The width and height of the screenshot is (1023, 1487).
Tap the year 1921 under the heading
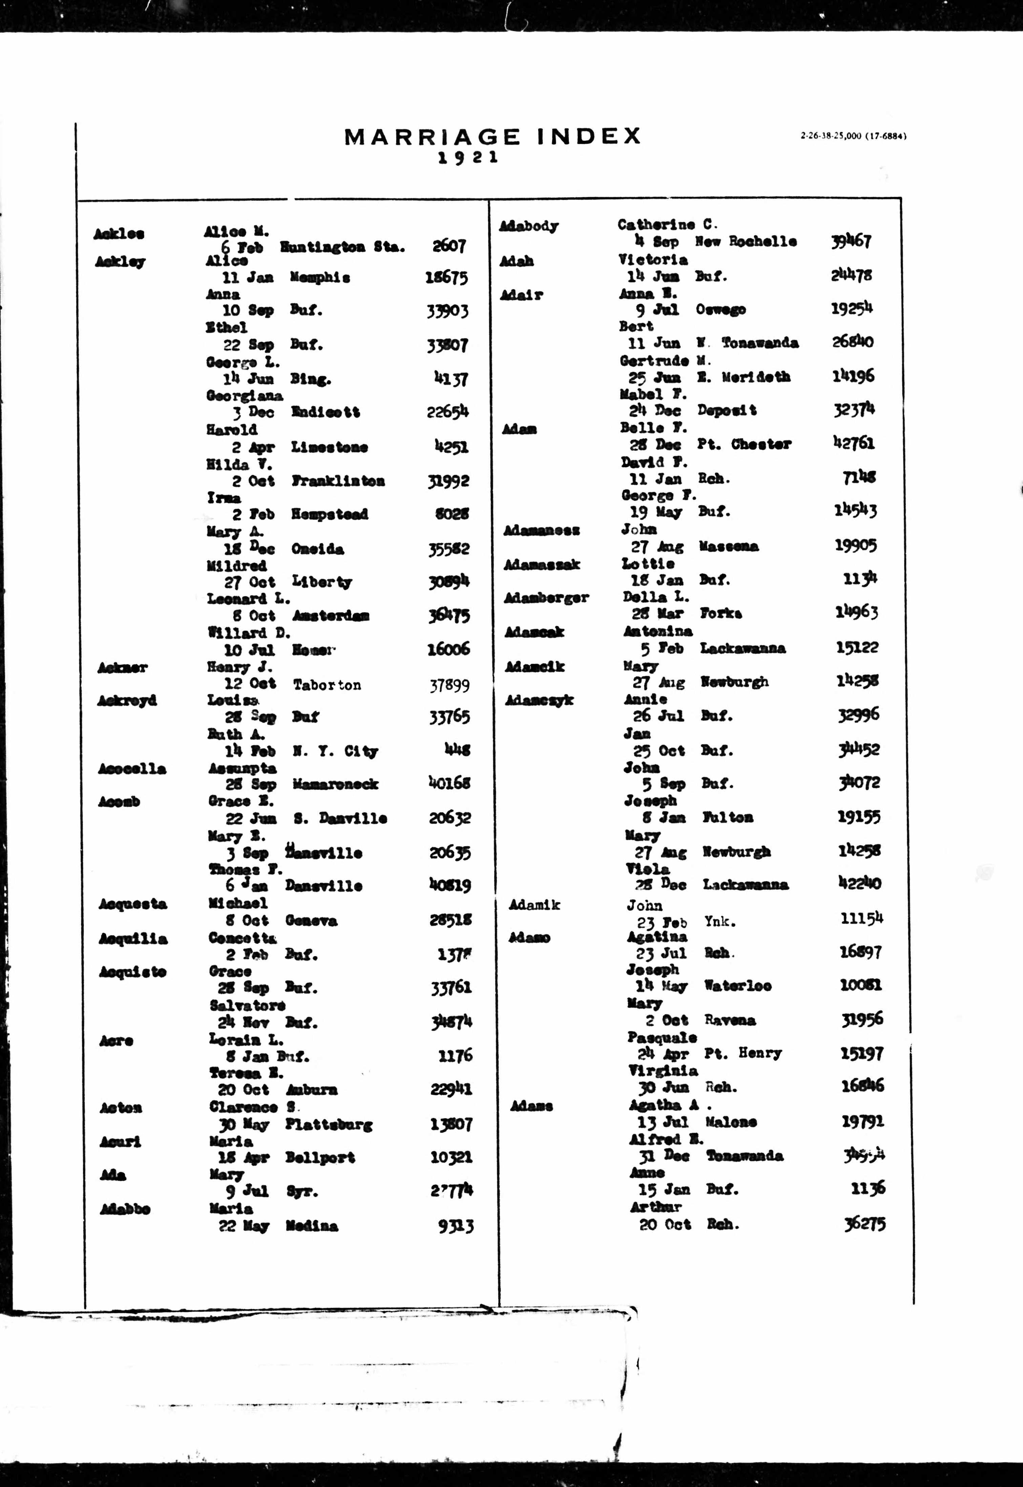468,158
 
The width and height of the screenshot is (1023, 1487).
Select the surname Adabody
529,226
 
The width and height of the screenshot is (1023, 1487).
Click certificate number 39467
851,242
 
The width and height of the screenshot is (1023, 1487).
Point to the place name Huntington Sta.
342,247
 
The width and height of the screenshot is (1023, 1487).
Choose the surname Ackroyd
127,701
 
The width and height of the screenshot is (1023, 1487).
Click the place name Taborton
327,685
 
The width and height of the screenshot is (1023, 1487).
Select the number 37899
449,686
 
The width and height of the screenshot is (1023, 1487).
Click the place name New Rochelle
746,242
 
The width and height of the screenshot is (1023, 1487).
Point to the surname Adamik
534,905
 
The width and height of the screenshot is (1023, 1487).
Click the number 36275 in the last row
865,1224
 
